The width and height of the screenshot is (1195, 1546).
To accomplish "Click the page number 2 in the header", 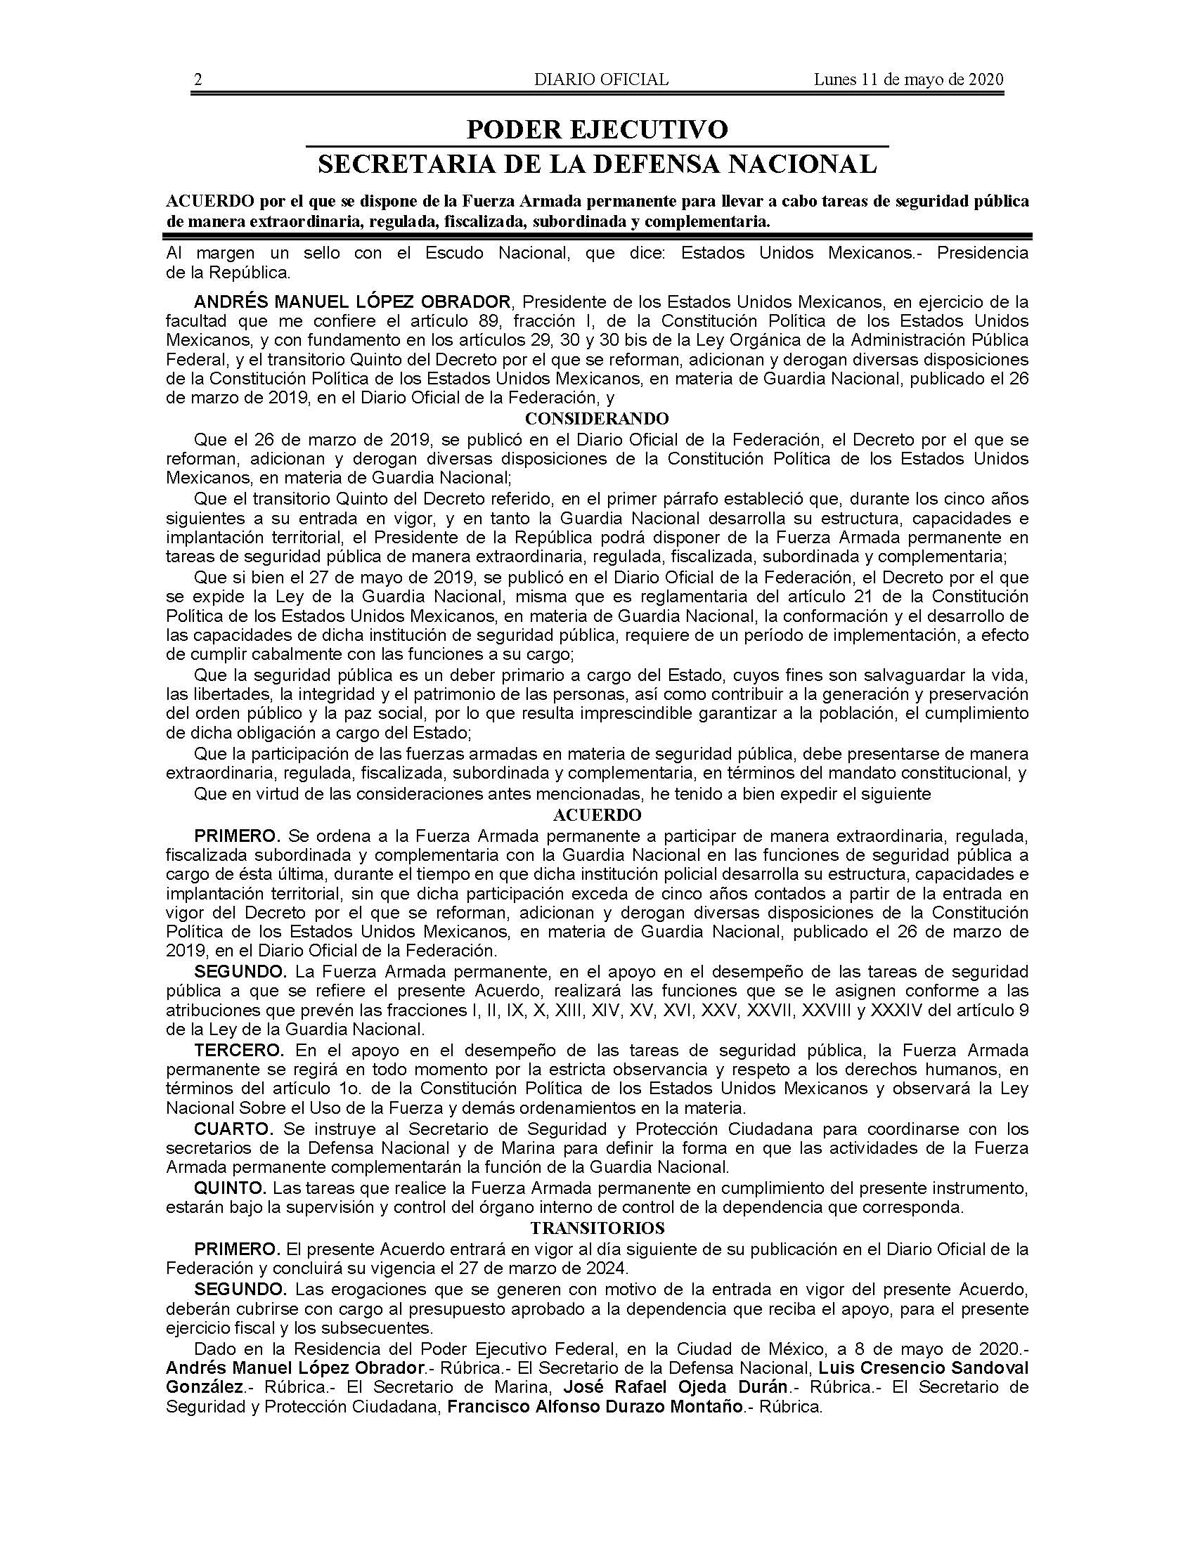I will pos(198,79).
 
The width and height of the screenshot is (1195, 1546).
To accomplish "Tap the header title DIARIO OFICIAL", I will pos(601,79).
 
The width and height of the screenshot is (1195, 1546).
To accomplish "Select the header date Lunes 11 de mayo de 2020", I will pos(908,79).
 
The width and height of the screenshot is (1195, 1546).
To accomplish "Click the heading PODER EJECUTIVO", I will pos(597,129).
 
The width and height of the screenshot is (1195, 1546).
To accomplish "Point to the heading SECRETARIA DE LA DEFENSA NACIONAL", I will pos(597,164).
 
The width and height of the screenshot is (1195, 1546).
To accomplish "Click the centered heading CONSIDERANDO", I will pos(597,418).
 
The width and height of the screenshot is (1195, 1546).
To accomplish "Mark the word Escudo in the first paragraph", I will pos(451,253).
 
